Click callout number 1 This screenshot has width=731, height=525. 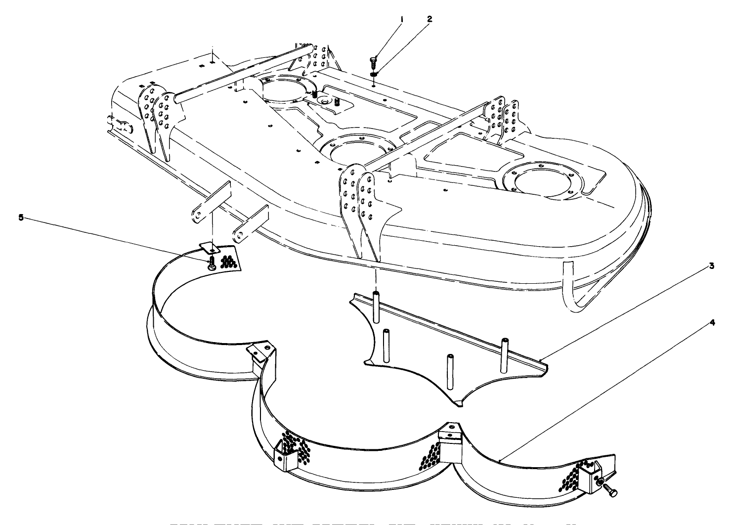pyautogui.click(x=402, y=19)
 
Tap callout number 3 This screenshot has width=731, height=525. pyautogui.click(x=711, y=265)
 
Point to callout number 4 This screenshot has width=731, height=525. pyautogui.click(x=711, y=322)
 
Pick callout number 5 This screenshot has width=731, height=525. pyautogui.click(x=21, y=218)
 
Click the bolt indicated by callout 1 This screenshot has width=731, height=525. pyautogui.click(x=373, y=63)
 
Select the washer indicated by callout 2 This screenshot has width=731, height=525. pyautogui.click(x=374, y=74)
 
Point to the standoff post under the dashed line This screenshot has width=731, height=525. pyautogui.click(x=376, y=307)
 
